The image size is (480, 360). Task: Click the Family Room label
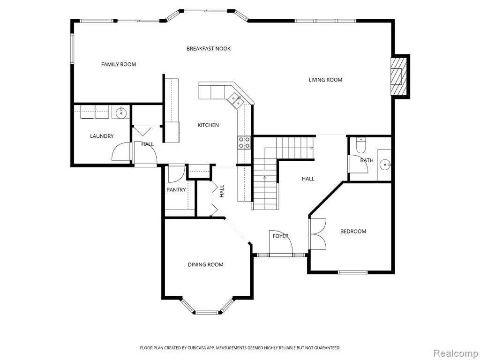(119, 64)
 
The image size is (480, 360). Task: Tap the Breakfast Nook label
(209, 49)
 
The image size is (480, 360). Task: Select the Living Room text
(325, 80)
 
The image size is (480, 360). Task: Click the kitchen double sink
(236, 100)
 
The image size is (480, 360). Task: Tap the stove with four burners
(244, 142)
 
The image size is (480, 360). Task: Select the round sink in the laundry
(121, 112)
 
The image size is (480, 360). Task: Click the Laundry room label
(102, 136)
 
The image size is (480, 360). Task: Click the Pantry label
(176, 190)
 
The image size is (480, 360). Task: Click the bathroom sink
(384, 165)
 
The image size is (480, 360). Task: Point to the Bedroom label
(353, 232)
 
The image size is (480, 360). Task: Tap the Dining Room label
(206, 265)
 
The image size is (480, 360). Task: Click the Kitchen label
(208, 125)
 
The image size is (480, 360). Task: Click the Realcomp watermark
(455, 353)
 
